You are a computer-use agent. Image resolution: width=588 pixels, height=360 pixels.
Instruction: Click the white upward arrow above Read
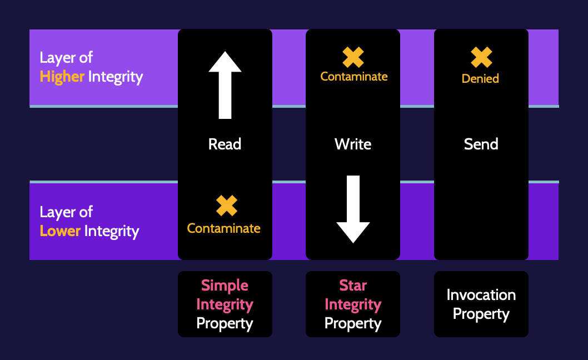[225, 85]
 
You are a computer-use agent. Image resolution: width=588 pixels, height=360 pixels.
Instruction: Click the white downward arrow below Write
[353, 209]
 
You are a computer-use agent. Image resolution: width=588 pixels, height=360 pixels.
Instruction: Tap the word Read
[225, 144]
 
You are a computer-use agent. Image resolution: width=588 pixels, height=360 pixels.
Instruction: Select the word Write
[353, 144]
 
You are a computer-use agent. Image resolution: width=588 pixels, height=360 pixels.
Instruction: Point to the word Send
[481, 144]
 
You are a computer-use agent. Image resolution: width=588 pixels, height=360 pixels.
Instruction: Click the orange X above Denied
[481, 57]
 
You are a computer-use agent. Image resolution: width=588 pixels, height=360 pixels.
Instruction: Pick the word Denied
[480, 78]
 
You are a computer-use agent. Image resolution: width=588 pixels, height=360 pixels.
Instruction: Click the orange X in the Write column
[353, 57]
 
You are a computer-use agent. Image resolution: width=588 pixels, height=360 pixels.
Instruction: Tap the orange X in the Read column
[227, 206]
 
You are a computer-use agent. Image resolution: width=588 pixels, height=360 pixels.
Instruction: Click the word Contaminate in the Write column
[354, 77]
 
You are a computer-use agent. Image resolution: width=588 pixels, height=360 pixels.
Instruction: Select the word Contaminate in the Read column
[224, 228]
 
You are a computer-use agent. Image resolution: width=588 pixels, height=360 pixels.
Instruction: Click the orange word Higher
[62, 77]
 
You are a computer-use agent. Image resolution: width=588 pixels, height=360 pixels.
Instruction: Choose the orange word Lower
[60, 231]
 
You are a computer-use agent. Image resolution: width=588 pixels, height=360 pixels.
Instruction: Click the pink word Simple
[225, 286]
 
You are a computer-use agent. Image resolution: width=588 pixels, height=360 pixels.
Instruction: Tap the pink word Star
[353, 286]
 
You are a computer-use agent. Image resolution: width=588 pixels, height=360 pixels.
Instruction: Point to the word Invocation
[481, 295]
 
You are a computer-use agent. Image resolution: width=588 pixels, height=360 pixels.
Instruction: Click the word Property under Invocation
[481, 314]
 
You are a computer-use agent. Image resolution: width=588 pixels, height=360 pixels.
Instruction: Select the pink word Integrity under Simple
[225, 304]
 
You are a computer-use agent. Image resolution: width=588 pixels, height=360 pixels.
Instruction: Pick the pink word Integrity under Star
[353, 304]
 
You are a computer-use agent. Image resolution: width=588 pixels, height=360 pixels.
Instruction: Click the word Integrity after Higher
[116, 77]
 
